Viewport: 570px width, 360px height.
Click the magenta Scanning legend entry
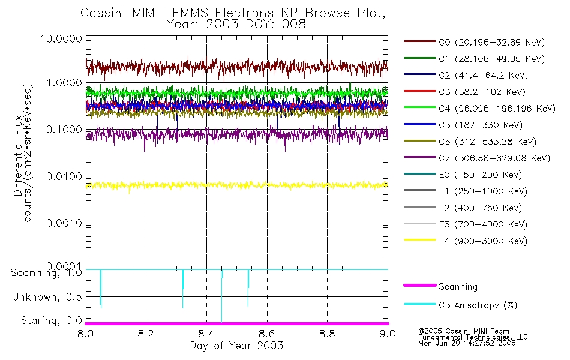pyautogui.click(x=458, y=287)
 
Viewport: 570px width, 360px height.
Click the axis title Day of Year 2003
pyautogui.click(x=236, y=346)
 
